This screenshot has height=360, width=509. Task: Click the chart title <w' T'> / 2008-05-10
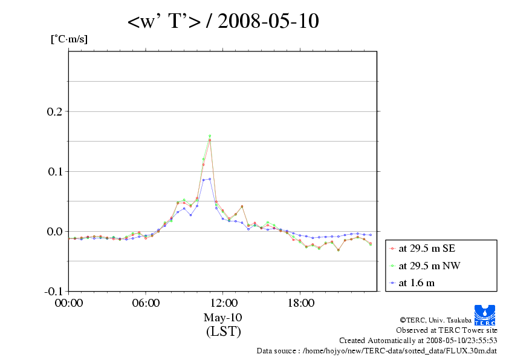coord(223,22)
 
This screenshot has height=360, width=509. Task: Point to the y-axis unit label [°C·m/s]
coord(68,39)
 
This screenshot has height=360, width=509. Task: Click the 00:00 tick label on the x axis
coord(69,303)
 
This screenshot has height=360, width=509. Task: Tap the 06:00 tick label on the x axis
coord(146,303)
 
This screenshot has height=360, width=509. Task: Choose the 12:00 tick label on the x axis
coord(223,303)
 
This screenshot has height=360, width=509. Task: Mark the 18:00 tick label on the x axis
coord(300,303)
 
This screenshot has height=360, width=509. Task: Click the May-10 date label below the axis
coord(223,318)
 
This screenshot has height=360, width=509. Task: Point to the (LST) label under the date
coord(223,332)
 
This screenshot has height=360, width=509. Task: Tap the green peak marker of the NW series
coord(210,136)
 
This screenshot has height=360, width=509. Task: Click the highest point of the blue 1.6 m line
coord(210,179)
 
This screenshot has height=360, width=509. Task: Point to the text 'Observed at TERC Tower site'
coord(447,330)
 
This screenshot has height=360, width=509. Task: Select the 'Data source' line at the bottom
coord(377,350)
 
